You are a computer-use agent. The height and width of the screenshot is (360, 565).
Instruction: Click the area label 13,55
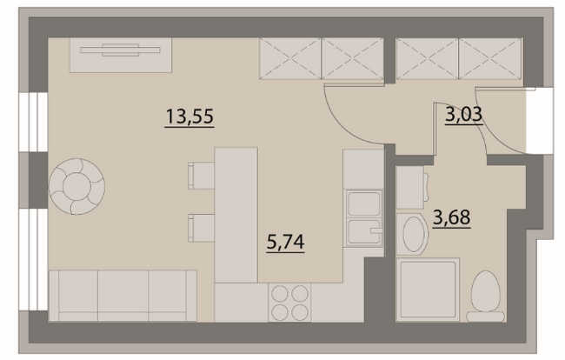(189, 117)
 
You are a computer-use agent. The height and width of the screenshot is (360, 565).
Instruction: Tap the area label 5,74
(285, 242)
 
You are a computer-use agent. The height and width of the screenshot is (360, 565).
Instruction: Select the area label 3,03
(464, 115)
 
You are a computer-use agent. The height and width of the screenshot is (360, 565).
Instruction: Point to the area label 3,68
(451, 217)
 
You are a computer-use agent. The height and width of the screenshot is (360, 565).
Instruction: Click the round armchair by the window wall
(76, 186)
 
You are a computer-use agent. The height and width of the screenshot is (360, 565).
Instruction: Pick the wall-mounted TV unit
(121, 55)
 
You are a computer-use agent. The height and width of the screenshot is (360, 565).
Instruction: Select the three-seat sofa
(123, 296)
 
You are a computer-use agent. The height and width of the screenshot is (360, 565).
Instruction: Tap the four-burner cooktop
(289, 303)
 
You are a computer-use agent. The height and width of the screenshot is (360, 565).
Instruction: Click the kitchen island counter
(236, 215)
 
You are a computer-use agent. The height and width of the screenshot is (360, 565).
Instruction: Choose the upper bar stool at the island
(201, 176)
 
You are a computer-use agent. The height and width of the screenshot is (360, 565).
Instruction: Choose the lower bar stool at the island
(201, 228)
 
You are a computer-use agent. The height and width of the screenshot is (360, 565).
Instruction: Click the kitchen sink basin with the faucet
(364, 232)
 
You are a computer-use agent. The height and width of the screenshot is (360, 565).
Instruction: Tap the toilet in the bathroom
(486, 297)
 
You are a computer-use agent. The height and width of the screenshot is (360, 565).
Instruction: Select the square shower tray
(428, 290)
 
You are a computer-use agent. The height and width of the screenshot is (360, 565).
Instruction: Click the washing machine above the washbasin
(410, 187)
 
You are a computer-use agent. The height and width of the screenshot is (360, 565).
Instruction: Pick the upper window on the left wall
(33, 122)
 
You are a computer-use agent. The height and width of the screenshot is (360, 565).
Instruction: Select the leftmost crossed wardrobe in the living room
(290, 58)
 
